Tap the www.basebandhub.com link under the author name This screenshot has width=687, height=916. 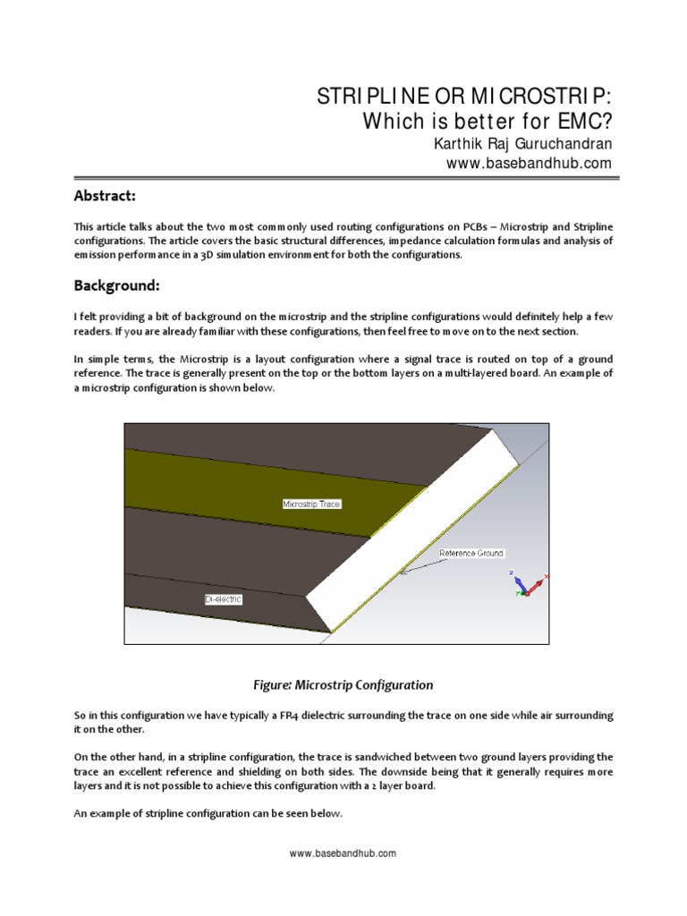[x=529, y=163]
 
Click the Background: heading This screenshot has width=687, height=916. [x=116, y=285]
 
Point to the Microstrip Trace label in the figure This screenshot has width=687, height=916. [x=311, y=504]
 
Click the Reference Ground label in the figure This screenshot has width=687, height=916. [x=471, y=554]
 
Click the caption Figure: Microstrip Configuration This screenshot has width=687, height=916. [x=343, y=685]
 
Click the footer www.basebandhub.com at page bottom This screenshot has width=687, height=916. [x=343, y=853]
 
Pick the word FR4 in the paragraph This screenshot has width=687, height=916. [x=302, y=717]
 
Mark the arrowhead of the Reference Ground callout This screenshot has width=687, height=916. [x=403, y=572]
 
